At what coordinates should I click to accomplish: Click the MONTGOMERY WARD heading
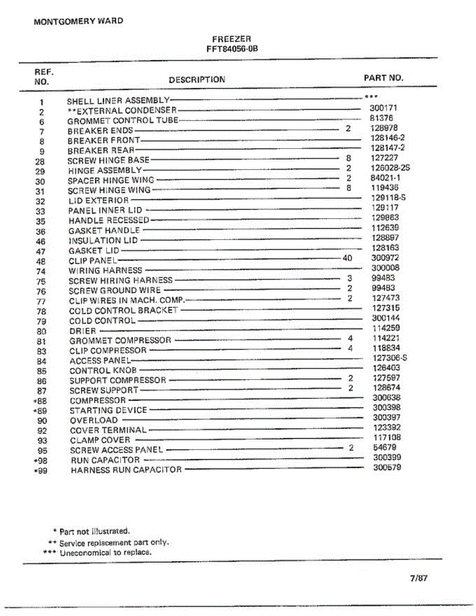78,22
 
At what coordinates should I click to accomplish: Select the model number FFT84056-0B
231,49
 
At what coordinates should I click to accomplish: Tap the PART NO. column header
383,78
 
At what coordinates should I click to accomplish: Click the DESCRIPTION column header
197,80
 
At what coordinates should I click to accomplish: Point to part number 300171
383,108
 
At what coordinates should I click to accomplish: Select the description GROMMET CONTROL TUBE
123,121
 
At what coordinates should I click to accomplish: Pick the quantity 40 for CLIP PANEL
348,258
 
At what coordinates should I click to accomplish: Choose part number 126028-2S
390,168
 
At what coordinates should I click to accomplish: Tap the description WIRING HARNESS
105,270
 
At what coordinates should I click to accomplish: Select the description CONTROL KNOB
103,370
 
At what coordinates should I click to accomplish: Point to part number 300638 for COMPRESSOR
386,397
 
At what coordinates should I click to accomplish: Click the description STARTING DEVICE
108,410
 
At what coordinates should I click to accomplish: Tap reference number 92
42,430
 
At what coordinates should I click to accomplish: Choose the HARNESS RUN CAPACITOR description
126,470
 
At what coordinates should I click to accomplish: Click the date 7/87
418,578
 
